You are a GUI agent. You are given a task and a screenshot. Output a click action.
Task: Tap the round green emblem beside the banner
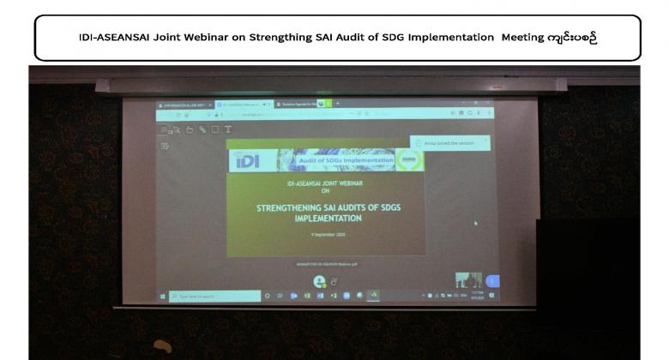407,160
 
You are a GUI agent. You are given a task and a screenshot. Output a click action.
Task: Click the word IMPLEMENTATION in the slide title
325,218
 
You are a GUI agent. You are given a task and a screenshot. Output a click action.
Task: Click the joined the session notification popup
450,143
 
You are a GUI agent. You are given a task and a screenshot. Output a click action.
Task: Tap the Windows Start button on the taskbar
163,296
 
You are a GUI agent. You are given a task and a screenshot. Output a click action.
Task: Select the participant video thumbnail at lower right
468,280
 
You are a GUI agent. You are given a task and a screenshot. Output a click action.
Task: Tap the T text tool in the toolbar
227,129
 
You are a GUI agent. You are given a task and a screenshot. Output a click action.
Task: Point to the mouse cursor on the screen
475,223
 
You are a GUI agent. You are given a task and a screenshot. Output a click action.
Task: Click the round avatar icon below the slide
319,280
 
